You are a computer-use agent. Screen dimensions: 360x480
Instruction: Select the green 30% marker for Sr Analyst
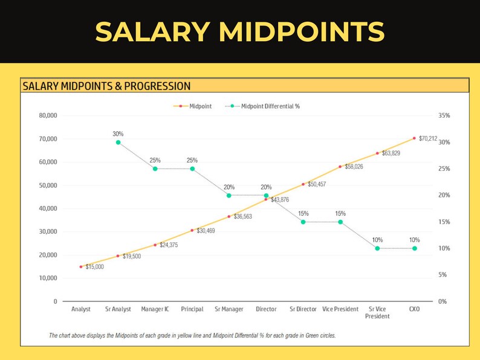point(118,143)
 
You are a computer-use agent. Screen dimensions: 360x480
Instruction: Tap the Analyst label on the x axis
point(80,309)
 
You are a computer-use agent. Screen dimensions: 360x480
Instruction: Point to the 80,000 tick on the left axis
point(48,115)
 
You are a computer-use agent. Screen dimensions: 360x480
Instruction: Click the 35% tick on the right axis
point(444,115)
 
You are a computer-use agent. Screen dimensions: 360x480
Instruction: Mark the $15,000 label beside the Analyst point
point(94,266)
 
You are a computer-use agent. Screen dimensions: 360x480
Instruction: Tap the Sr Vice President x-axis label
point(377,312)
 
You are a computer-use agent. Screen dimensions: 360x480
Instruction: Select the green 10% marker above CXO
point(415,248)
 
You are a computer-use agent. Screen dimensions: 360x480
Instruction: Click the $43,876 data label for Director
point(280,200)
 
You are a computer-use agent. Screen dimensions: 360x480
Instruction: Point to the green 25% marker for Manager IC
point(155,169)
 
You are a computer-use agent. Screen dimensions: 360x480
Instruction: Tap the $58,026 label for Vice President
point(354,166)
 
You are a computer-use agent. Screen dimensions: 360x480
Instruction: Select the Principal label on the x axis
point(192,309)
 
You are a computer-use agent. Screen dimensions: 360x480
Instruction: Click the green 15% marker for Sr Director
point(303,222)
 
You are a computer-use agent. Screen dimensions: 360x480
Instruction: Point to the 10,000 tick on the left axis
point(48,278)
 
